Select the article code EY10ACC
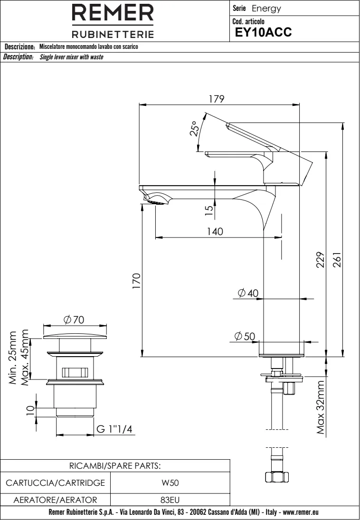260,32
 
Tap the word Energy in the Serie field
266,9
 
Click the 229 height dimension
321,259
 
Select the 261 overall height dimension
338,259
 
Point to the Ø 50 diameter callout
246,336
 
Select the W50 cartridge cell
171,483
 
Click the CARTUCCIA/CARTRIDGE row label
56,483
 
